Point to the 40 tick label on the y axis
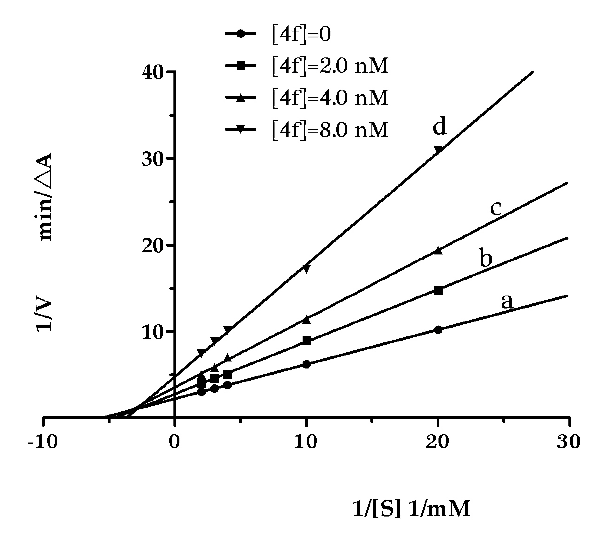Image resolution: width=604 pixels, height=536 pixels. pyautogui.click(x=153, y=72)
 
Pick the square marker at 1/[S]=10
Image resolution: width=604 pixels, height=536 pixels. pyautogui.click(x=307, y=340)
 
